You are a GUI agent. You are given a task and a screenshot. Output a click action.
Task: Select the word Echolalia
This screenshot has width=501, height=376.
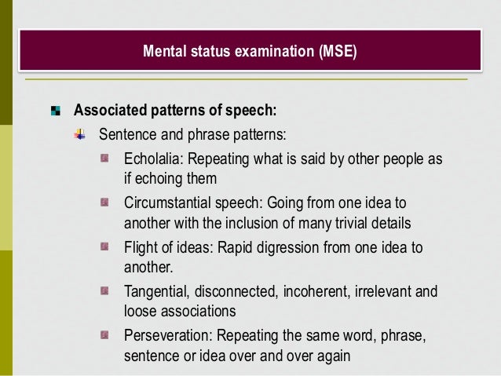(152, 159)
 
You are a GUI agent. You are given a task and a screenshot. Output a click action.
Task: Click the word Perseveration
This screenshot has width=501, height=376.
(167, 337)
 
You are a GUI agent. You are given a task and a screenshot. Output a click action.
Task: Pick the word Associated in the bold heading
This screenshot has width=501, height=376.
(108, 109)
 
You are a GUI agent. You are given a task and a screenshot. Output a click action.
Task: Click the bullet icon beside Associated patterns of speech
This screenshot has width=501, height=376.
(56, 109)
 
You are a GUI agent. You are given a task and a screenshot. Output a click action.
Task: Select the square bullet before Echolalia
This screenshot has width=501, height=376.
(104, 159)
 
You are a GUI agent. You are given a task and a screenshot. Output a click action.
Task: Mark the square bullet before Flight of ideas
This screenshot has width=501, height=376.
(104, 247)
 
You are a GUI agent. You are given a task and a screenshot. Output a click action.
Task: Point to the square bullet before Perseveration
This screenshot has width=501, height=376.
(104, 336)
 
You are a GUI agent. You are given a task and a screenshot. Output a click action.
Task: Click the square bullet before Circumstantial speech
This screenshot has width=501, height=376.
(104, 203)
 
